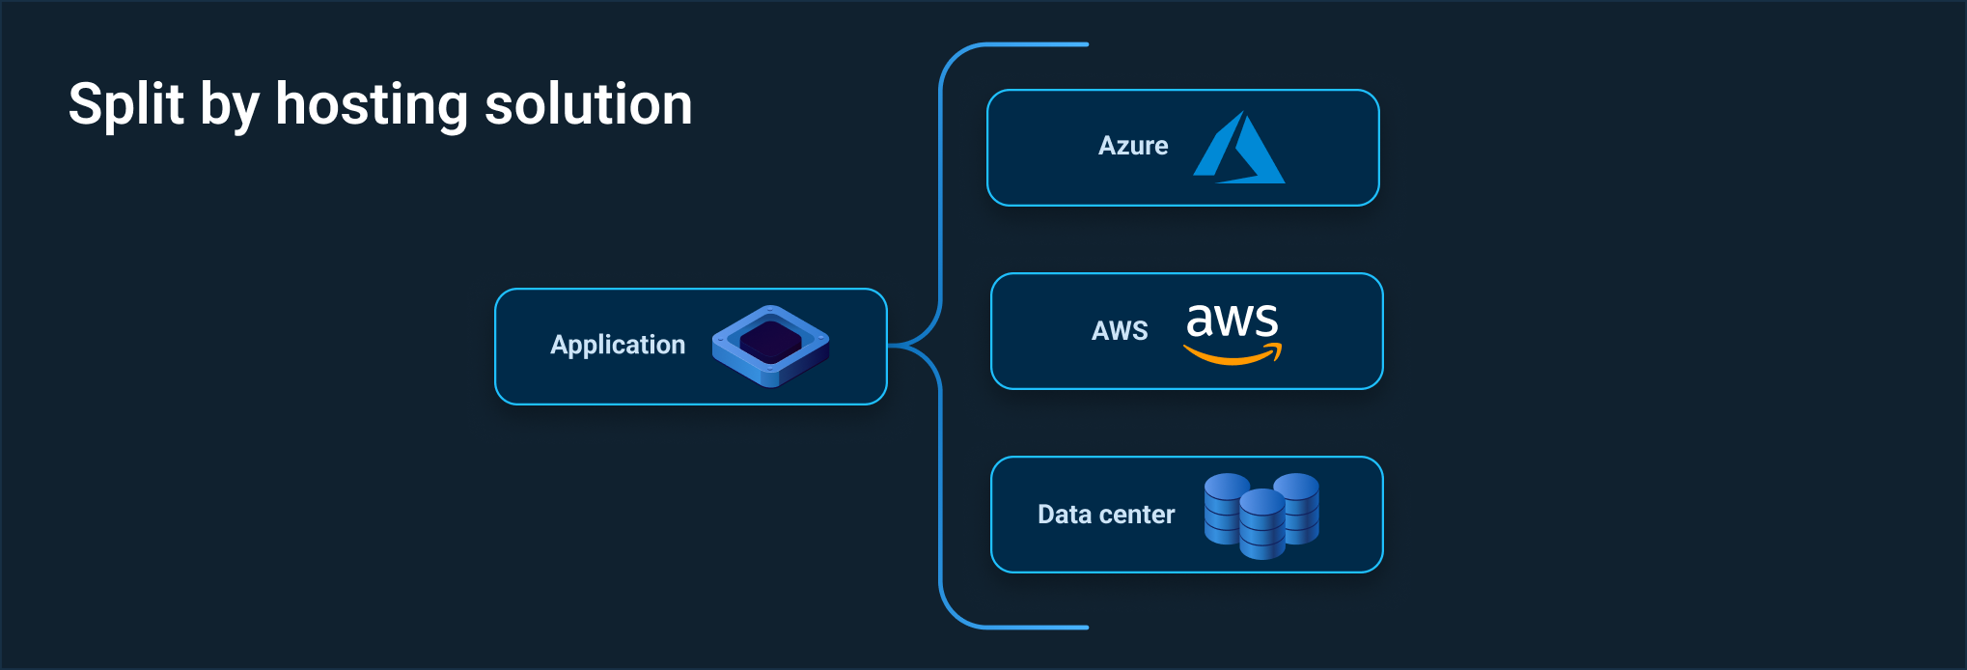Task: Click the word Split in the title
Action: pyautogui.click(x=125, y=104)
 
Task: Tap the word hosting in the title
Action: pyautogui.click(x=371, y=104)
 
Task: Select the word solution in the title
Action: pyautogui.click(x=588, y=104)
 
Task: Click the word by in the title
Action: pyautogui.click(x=229, y=106)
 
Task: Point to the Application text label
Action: pyautogui.click(x=617, y=345)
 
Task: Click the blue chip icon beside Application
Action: pyautogui.click(x=770, y=347)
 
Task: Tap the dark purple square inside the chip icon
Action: pyautogui.click(x=771, y=342)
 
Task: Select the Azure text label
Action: pyautogui.click(x=1132, y=146)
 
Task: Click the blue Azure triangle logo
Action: pyautogui.click(x=1239, y=149)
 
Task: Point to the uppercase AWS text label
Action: pyautogui.click(x=1119, y=331)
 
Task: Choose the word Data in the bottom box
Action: pyautogui.click(x=1064, y=515)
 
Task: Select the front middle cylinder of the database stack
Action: pyautogui.click(x=1261, y=524)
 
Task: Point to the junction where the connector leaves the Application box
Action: pyautogui.click(x=890, y=345)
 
